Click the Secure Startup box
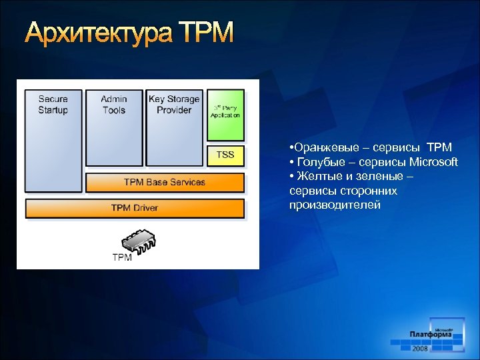pyautogui.click(x=53, y=140)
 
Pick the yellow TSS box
pyautogui.click(x=225, y=155)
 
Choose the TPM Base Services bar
pyautogui.click(x=165, y=182)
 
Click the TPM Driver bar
pyautogui.click(x=135, y=208)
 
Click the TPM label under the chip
pyautogui.click(x=121, y=257)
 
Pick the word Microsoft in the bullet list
pyautogui.click(x=433, y=162)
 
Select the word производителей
pyautogui.click(x=335, y=205)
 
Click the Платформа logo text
pyautogui.click(x=430, y=335)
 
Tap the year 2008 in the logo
pyautogui.click(x=420, y=349)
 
